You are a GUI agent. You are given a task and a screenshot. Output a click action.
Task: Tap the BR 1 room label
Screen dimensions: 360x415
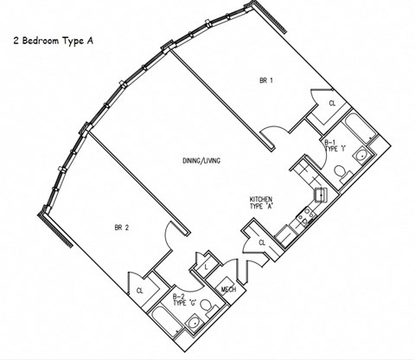tap(265, 80)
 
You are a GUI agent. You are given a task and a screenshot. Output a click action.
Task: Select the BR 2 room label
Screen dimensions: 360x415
tap(122, 228)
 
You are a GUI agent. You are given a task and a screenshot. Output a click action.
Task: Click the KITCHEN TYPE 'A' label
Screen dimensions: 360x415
tap(262, 204)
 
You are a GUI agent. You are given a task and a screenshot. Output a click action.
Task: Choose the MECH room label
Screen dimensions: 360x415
tap(229, 290)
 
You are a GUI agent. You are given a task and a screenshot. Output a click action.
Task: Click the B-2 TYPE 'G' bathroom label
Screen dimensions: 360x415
tap(183, 302)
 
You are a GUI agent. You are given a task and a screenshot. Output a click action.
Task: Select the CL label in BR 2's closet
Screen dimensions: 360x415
tap(139, 290)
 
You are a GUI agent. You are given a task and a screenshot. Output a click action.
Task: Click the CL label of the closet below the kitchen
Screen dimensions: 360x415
tap(261, 243)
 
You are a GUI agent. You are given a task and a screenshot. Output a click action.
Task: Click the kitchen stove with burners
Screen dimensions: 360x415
tap(302, 222)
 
